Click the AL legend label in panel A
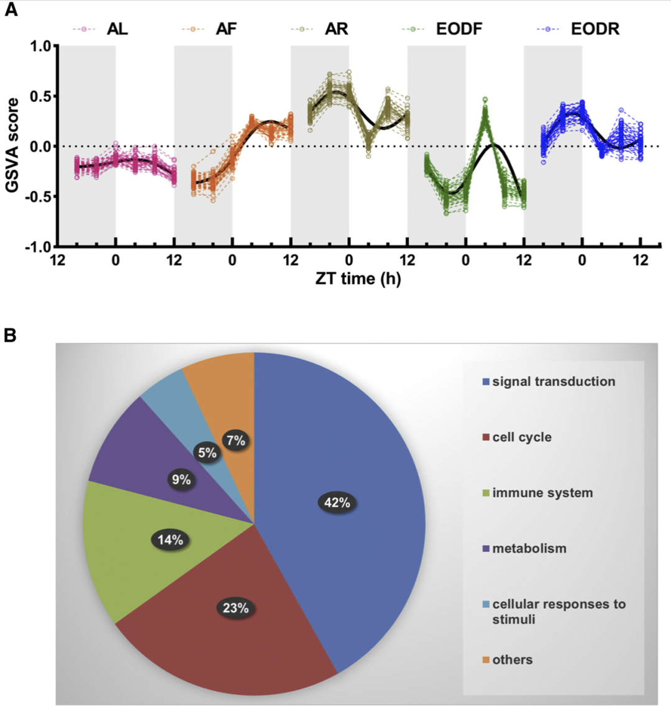(x=117, y=29)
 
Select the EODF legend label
(x=459, y=29)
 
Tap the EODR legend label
(x=595, y=29)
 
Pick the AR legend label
(x=336, y=29)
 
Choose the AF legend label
(x=226, y=29)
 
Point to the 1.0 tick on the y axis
(x=41, y=47)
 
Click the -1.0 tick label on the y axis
(x=39, y=247)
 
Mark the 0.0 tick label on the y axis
(x=41, y=147)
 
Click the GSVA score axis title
(x=12, y=145)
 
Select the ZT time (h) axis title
(x=358, y=278)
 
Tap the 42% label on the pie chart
(x=337, y=503)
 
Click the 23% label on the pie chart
(x=235, y=608)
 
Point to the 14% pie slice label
(x=170, y=540)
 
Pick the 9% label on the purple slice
(x=181, y=480)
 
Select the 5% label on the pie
(x=208, y=453)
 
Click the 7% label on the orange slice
(x=236, y=441)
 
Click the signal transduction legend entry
(x=553, y=382)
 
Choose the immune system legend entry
(x=542, y=493)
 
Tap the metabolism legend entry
(x=529, y=549)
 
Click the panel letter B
(x=10, y=335)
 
